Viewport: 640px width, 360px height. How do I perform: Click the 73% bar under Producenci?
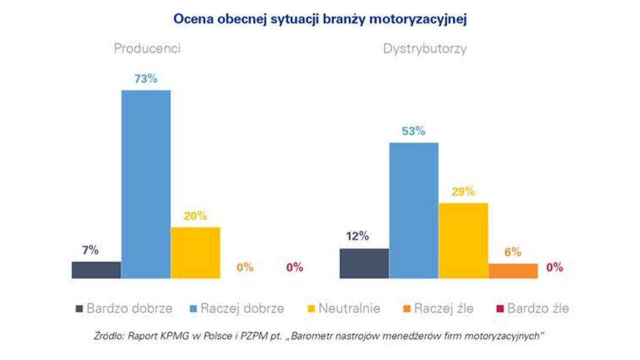(x=146, y=184)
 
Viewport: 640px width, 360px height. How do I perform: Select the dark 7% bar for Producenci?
(x=96, y=270)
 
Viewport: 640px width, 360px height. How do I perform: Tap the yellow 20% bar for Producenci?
(x=195, y=253)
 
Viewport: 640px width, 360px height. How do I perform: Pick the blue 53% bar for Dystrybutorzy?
(x=413, y=210)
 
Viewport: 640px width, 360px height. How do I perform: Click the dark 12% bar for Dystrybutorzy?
(x=364, y=263)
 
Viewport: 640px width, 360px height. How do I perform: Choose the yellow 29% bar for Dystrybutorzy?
(x=463, y=241)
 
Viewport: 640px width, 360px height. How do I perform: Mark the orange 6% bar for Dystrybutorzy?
(x=513, y=271)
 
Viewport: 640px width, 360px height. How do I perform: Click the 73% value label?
(x=146, y=79)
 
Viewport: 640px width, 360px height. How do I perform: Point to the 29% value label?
(x=462, y=191)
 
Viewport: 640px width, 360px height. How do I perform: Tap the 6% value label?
(x=513, y=252)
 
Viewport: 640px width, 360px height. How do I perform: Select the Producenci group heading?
(x=147, y=49)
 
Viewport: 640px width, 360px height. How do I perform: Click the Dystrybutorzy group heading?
(x=425, y=49)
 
